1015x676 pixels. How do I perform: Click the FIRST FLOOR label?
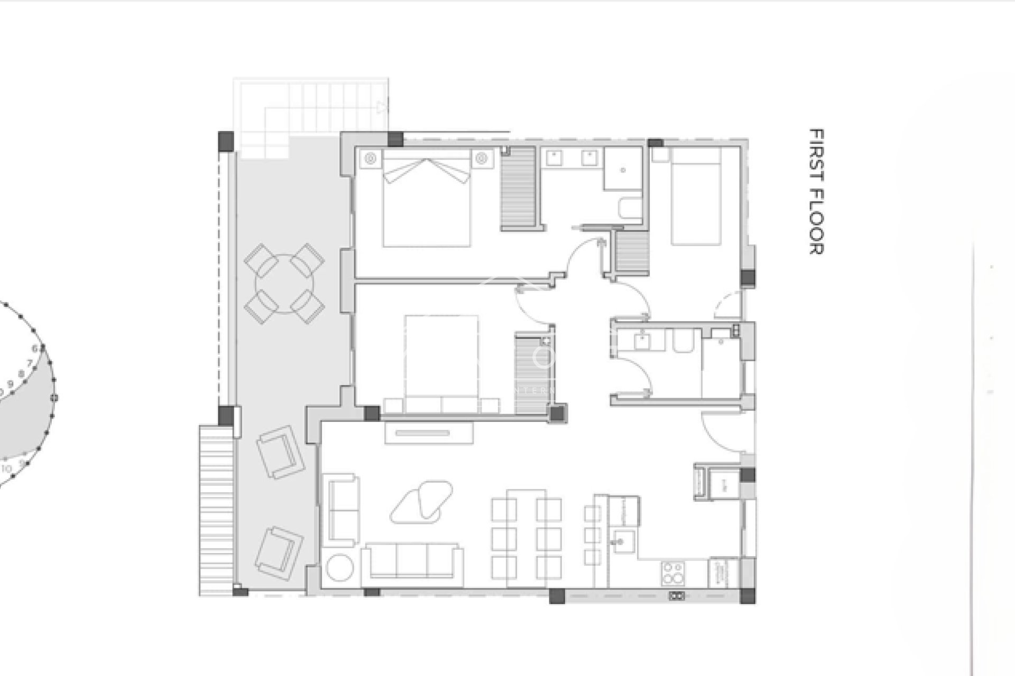(x=817, y=192)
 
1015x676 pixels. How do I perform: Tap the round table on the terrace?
(x=284, y=284)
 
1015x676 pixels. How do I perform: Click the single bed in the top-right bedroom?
(x=696, y=196)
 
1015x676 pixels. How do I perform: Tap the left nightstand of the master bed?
(x=370, y=158)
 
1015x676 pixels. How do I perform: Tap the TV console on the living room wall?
(x=429, y=434)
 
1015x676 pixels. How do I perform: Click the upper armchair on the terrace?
(x=281, y=452)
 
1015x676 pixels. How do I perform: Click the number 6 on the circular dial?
(x=35, y=348)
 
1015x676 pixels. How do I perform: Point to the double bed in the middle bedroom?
(x=441, y=364)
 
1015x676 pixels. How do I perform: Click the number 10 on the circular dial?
(x=7, y=468)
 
